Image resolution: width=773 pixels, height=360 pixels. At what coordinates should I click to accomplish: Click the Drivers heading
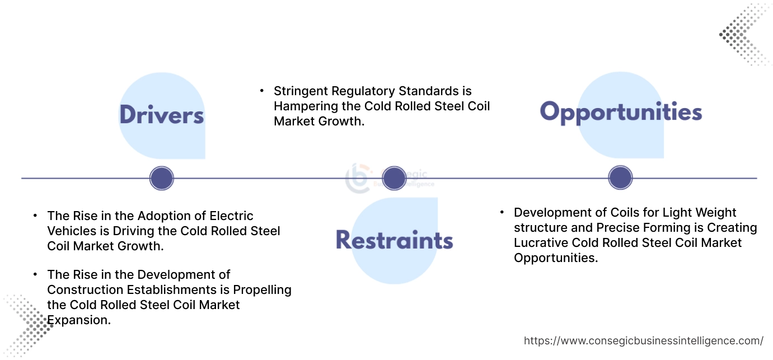(161, 115)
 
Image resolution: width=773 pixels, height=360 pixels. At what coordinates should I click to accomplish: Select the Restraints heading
(394, 240)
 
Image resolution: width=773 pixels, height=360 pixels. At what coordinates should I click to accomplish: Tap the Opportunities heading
(621, 112)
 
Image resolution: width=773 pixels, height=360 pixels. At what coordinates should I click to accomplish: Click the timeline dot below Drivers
(162, 179)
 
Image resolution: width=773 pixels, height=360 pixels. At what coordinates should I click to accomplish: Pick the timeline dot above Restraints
(394, 178)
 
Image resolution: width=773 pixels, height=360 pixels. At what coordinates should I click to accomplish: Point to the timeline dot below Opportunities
(620, 178)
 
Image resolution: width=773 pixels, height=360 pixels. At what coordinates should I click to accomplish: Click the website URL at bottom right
(643, 340)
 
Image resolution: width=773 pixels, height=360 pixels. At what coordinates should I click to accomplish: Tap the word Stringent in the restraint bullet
(300, 91)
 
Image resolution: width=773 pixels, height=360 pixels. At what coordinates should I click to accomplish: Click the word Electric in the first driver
(232, 216)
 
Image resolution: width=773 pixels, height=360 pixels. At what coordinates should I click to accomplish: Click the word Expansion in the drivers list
(79, 320)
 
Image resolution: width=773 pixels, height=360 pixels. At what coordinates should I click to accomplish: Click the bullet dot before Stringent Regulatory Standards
(261, 90)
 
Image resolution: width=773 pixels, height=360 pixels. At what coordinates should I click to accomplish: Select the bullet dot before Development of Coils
(502, 212)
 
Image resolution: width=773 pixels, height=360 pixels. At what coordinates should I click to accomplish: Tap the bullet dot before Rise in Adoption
(35, 216)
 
